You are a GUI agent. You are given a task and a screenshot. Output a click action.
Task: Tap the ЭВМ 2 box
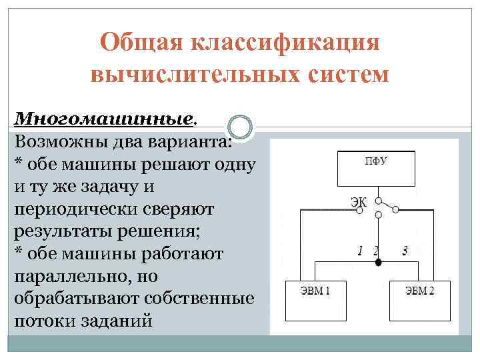(420, 300)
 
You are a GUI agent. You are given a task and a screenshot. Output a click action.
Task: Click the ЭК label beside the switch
(359, 201)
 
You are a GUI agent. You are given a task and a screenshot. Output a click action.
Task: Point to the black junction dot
(378, 263)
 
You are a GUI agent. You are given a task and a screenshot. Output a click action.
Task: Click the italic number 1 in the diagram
(360, 251)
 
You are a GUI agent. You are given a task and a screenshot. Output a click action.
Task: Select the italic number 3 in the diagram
(405, 251)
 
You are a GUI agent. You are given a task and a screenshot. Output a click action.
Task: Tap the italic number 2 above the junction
(375, 251)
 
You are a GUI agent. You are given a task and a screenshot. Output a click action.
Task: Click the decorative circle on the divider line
(240, 127)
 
